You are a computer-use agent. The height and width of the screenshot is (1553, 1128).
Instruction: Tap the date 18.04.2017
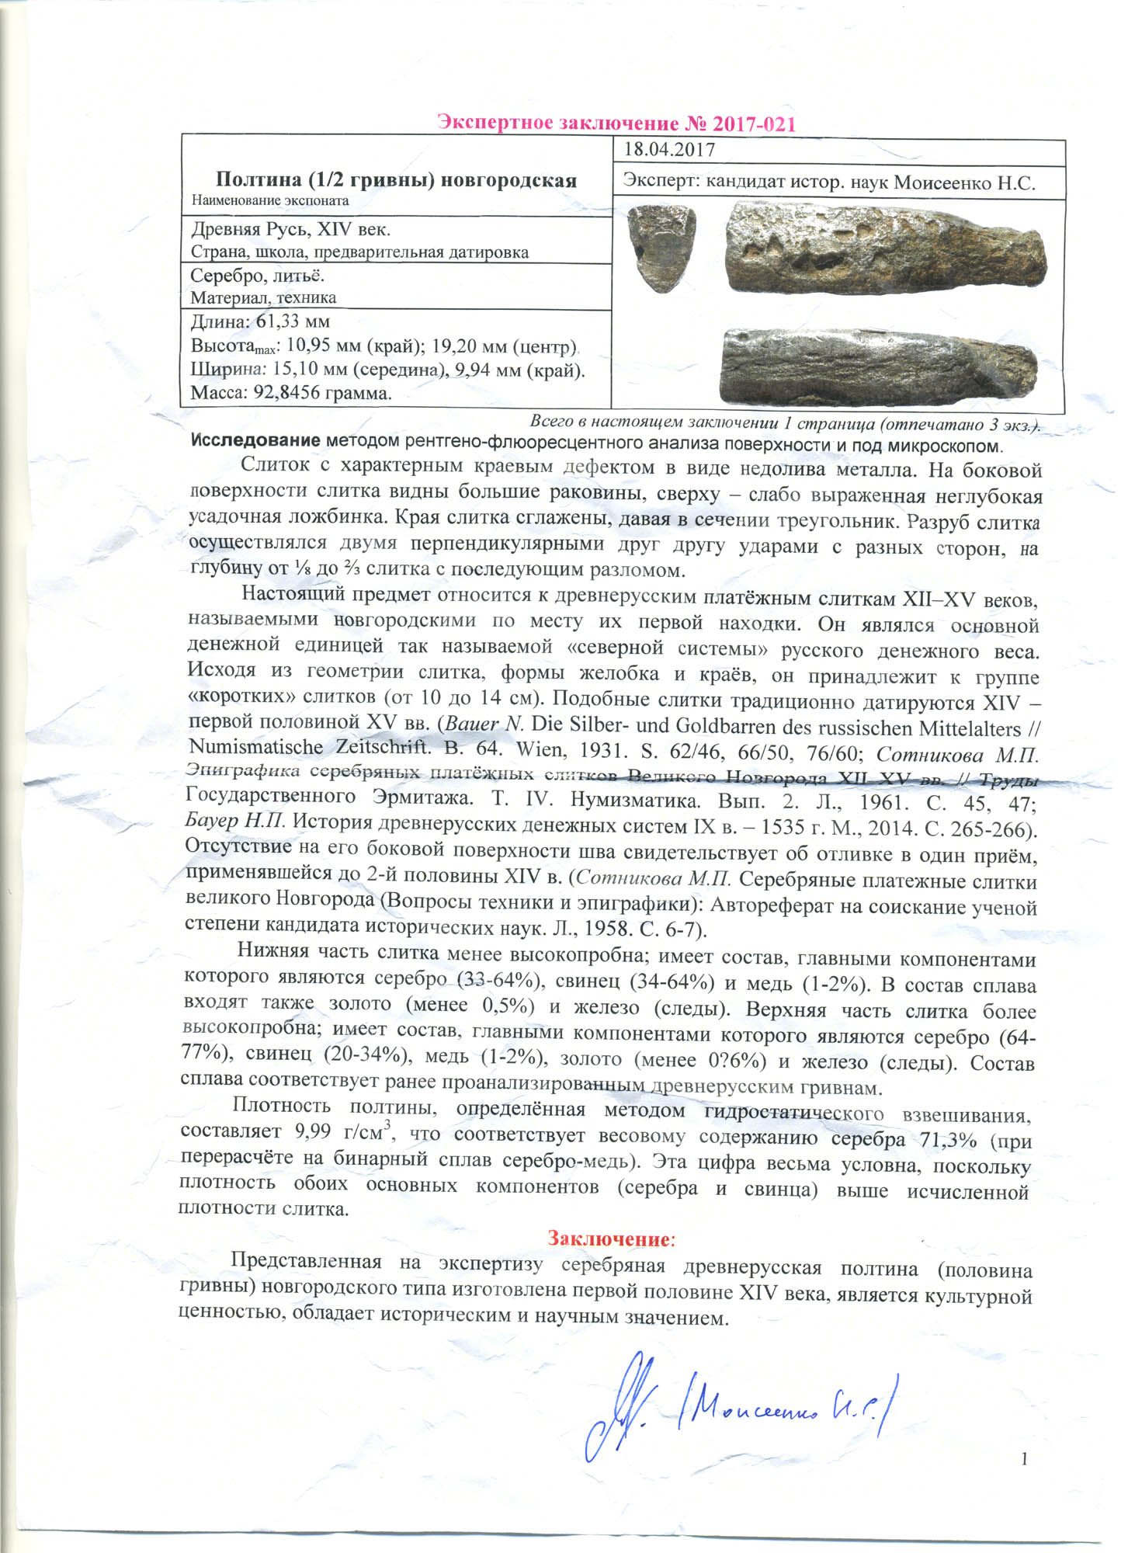tap(669, 150)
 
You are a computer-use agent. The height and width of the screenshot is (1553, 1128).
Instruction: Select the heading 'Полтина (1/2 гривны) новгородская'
tap(396, 180)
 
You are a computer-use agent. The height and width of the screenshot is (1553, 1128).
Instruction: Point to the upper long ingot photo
tap(886, 249)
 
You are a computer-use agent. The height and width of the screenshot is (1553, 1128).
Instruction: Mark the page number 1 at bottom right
tap(1024, 1459)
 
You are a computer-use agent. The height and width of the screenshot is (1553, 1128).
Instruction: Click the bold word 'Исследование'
tap(255, 441)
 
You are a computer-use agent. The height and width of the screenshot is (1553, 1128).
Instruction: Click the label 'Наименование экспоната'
tap(270, 200)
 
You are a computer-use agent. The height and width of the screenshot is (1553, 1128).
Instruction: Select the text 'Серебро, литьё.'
tap(258, 276)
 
